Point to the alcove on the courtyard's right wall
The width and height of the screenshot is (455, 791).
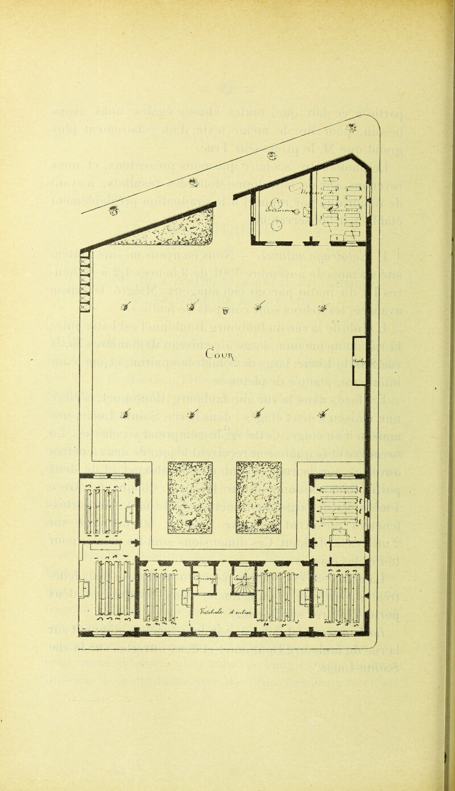point(359,360)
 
